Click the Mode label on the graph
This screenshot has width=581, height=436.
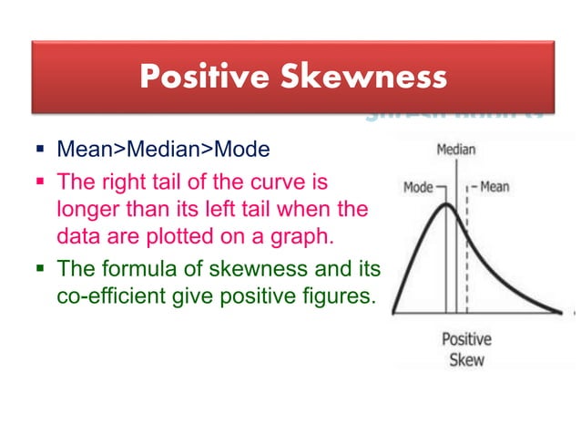(x=418, y=188)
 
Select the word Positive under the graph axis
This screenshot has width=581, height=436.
(x=466, y=339)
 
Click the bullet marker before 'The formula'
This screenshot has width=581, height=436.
(x=43, y=269)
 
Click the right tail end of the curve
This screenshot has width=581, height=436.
(x=557, y=311)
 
